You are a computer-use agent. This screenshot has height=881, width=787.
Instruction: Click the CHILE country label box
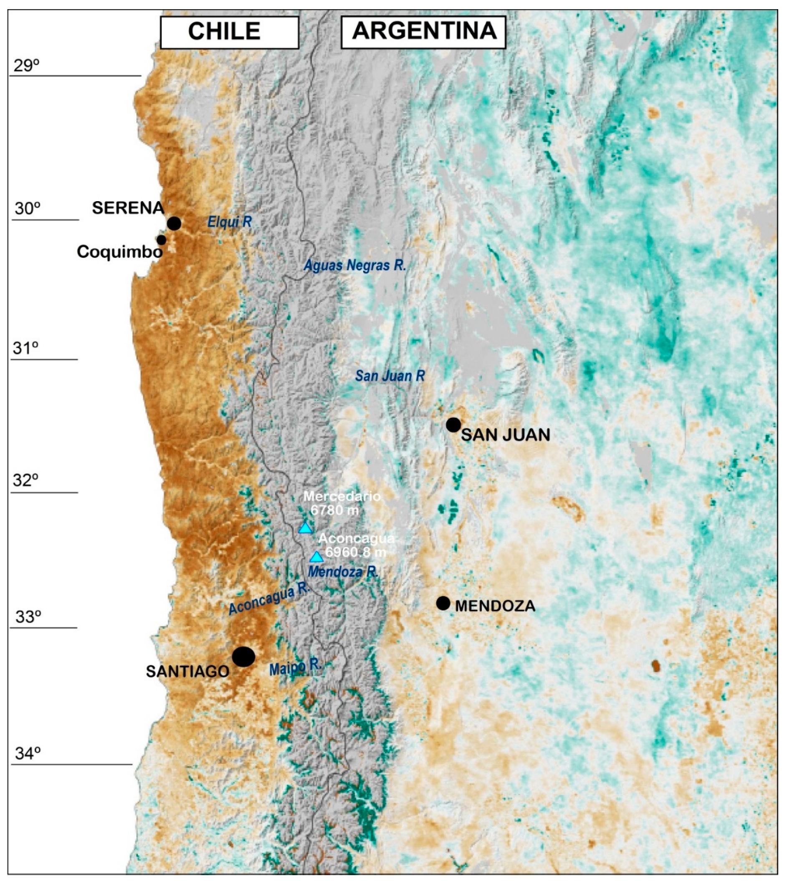tap(229, 33)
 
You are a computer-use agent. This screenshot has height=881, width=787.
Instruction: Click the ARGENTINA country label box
tap(423, 32)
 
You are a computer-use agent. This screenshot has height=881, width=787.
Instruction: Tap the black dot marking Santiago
tap(243, 656)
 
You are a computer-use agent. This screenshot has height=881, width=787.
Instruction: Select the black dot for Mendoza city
tap(443, 603)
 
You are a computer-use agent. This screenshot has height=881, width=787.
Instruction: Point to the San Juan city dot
tap(453, 425)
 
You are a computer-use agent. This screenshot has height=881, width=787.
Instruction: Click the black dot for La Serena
tap(174, 224)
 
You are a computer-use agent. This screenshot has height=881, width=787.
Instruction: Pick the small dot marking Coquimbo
tap(161, 240)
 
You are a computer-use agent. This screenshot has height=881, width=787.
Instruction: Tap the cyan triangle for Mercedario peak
tap(305, 528)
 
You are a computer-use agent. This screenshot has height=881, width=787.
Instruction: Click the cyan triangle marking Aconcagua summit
tap(316, 557)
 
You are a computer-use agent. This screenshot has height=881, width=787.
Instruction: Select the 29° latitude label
tap(26, 66)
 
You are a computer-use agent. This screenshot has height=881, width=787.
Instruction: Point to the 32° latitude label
tap(25, 481)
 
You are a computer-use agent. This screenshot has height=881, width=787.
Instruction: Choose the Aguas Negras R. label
tap(354, 265)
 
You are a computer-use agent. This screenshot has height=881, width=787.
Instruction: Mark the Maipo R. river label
tap(295, 667)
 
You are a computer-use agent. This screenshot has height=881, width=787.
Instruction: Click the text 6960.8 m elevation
tap(355, 552)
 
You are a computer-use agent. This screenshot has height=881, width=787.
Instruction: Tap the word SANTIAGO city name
tap(187, 671)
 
